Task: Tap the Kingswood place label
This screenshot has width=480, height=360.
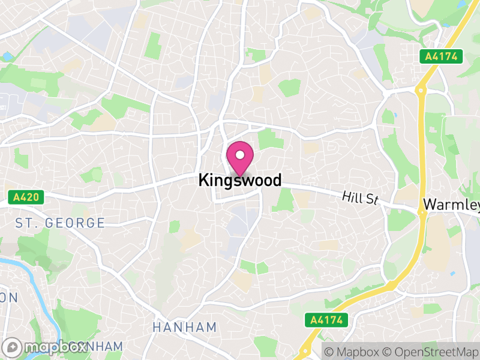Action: (239, 180)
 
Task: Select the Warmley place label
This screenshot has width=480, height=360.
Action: (451, 205)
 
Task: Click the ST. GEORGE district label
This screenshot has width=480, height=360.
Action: (60, 223)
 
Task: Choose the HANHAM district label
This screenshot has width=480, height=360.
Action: (184, 328)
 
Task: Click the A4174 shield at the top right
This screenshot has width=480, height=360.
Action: (441, 56)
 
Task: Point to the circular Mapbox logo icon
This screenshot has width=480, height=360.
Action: (13, 347)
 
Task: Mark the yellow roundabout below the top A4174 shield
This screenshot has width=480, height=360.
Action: (421, 91)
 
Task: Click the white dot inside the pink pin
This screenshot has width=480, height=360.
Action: (240, 153)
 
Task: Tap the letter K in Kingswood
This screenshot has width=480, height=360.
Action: (203, 180)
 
